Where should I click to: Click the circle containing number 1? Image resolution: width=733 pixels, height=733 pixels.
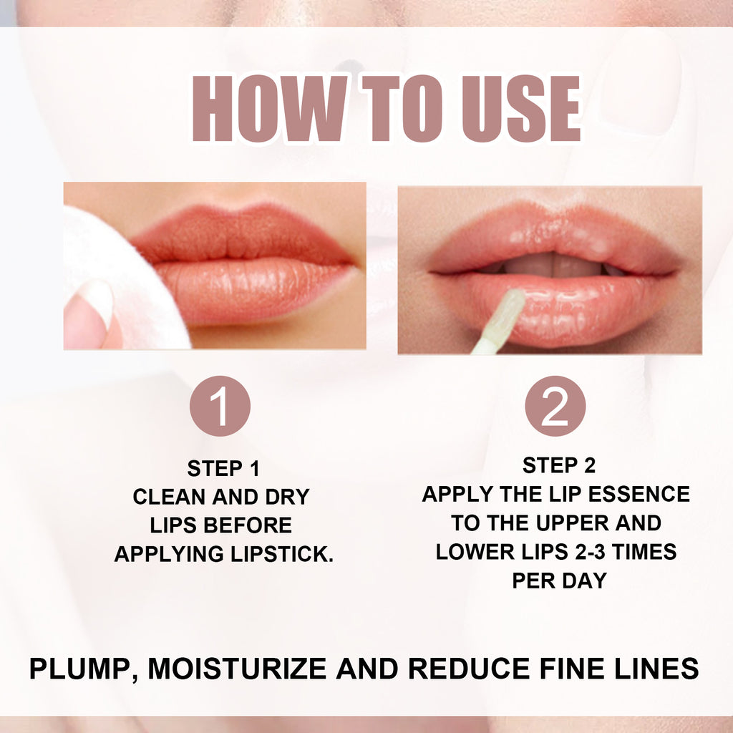click(x=220, y=406)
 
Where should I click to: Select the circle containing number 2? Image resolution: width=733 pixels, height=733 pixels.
click(x=555, y=406)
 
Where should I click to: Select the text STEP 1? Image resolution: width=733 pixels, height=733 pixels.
click(x=223, y=469)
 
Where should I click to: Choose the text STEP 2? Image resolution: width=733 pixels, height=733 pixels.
click(x=558, y=466)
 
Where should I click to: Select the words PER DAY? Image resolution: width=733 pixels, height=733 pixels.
click(x=559, y=581)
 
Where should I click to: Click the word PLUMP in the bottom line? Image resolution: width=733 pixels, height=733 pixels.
click(x=79, y=669)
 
